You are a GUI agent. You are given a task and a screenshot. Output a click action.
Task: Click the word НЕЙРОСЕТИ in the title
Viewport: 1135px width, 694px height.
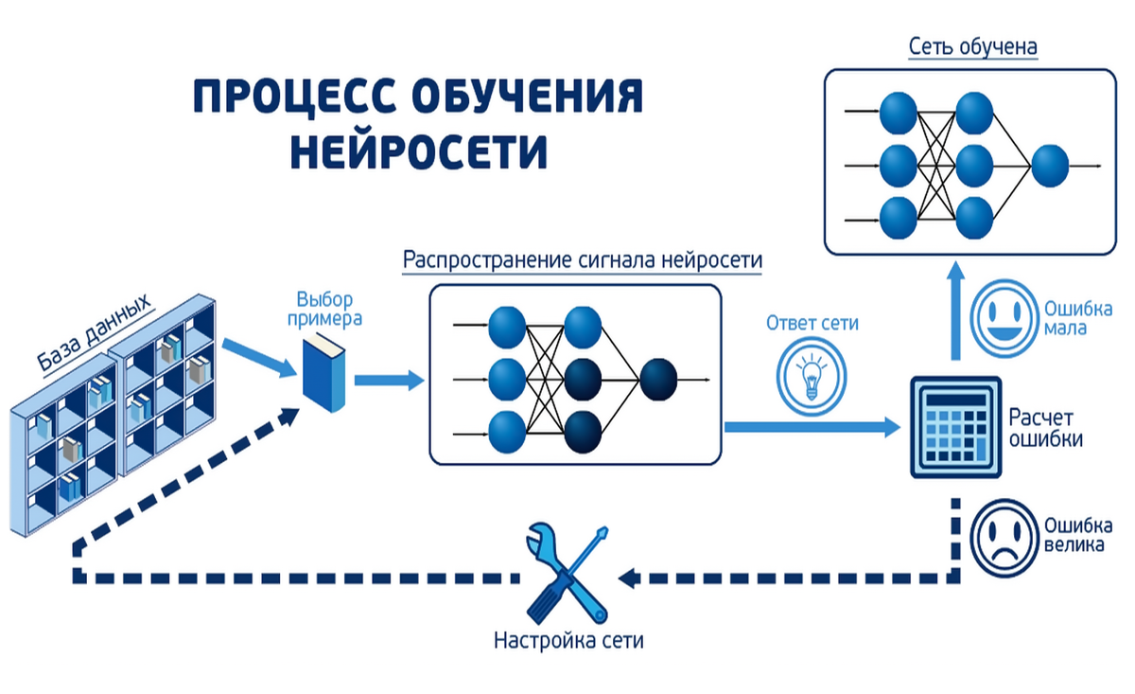coord(419,151)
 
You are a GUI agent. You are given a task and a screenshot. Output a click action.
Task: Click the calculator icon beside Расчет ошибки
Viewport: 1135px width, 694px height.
coord(954,427)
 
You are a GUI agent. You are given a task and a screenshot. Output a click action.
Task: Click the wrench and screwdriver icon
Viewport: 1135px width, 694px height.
coord(564,572)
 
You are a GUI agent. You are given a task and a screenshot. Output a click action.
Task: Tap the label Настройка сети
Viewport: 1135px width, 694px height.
coord(568,640)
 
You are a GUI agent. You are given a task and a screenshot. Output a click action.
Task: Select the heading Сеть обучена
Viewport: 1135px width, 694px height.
coord(972,46)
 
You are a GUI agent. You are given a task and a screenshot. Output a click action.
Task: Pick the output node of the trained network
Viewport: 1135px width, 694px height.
coord(1050,166)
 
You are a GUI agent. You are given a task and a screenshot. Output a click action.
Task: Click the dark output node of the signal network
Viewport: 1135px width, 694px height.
coord(657,380)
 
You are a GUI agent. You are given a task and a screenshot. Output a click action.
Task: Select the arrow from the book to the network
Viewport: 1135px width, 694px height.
coord(389,381)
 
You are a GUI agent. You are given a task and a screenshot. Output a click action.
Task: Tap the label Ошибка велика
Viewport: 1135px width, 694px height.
coord(1077,536)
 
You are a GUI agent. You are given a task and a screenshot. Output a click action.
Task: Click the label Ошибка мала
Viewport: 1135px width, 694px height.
coord(1077,318)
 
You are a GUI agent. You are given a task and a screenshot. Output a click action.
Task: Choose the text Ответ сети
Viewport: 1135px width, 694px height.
coord(812,323)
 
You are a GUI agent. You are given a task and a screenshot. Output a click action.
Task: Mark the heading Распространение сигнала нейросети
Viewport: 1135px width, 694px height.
coord(583,260)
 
